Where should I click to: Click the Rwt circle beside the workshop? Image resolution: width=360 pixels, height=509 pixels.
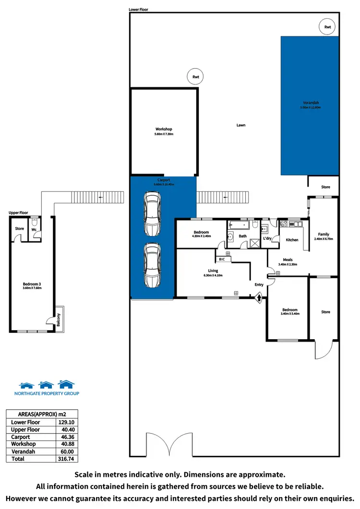tap(196, 76)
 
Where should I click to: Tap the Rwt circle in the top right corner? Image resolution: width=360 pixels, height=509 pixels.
tap(328, 27)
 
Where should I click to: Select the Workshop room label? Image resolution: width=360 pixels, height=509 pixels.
tap(164, 130)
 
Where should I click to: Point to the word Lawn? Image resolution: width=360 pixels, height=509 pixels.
tap(241, 125)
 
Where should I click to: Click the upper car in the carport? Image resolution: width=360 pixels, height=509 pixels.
tap(152, 214)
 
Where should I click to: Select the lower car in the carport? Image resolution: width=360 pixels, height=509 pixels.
tap(152, 265)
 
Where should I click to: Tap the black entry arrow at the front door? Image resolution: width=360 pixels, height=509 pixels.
tap(259, 297)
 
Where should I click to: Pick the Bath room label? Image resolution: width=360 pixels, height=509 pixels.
tap(243, 236)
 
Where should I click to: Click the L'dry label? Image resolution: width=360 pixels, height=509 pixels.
tap(267, 238)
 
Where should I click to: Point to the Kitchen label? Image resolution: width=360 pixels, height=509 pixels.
tap(292, 240)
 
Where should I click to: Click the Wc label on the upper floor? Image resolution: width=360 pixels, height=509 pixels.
tap(34, 230)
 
